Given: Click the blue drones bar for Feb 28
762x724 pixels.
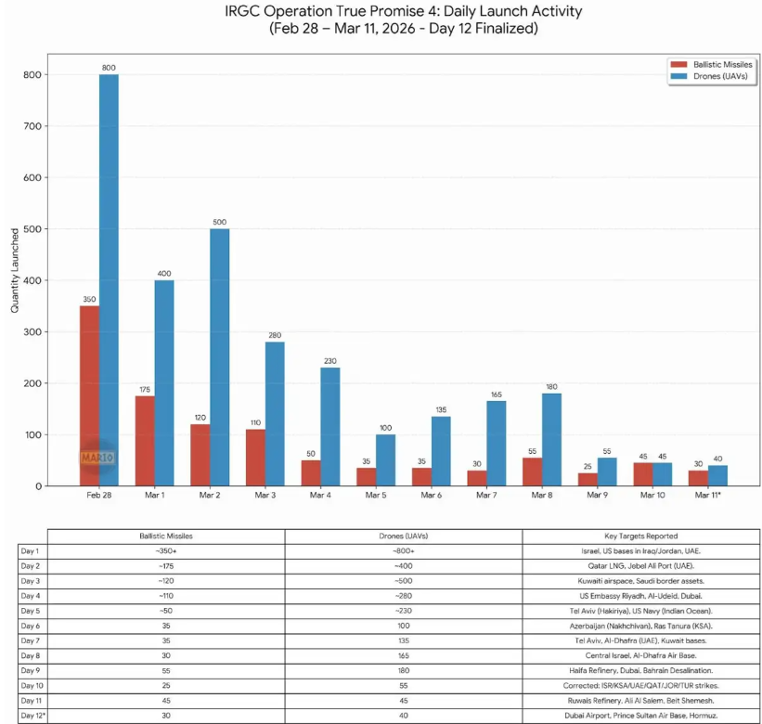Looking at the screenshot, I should pyautogui.click(x=109, y=278).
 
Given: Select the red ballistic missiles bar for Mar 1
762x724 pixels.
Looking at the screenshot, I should pyautogui.click(x=145, y=441).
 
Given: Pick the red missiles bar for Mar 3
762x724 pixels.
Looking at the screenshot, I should pyautogui.click(x=255, y=458).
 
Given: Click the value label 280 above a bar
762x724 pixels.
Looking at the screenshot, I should pyautogui.click(x=275, y=334).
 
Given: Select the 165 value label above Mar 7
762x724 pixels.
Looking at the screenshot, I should pyautogui.click(x=496, y=394).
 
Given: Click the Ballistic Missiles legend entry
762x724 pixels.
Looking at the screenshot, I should pyautogui.click(x=723, y=63).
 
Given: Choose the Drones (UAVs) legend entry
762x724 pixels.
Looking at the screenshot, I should pyautogui.click(x=722, y=76).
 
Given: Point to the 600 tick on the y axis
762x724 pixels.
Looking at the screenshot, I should pyautogui.click(x=33, y=177).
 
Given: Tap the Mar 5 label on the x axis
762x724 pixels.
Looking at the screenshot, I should pyautogui.click(x=376, y=496).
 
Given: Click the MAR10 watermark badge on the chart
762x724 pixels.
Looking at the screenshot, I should pyautogui.click(x=97, y=458).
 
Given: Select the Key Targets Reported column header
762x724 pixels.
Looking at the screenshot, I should pyautogui.click(x=639, y=536).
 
